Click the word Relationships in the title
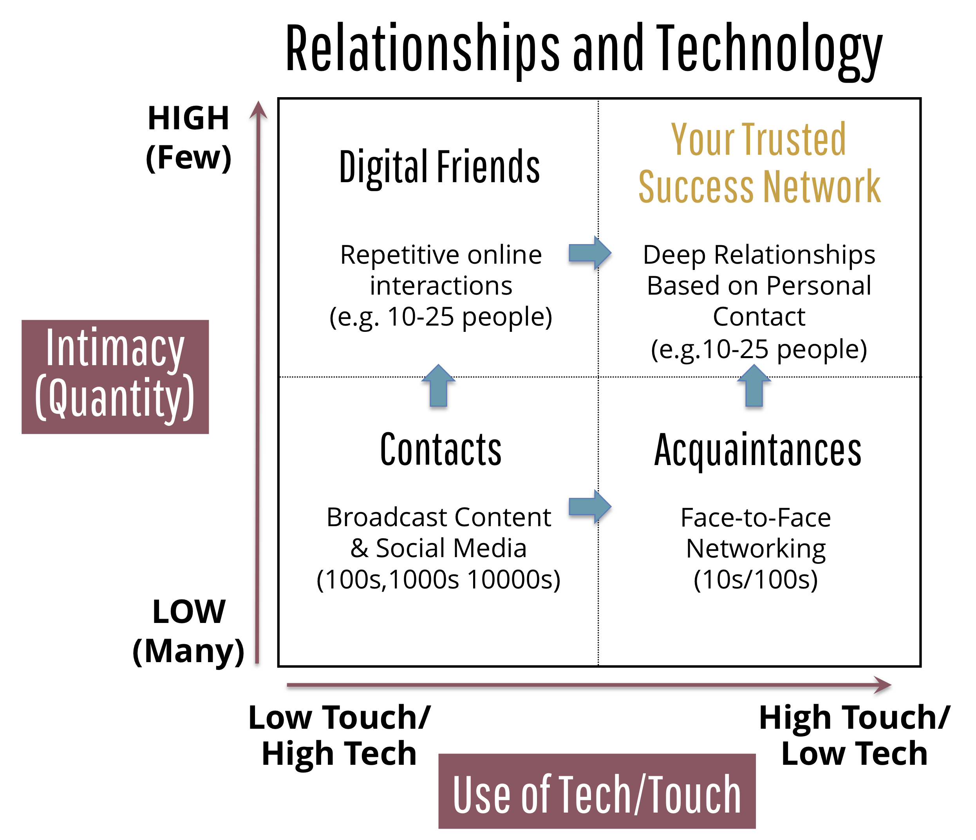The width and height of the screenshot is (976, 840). click(423, 49)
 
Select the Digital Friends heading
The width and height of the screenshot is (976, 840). click(439, 168)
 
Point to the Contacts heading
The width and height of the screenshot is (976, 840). click(441, 450)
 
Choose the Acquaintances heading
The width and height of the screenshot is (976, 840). click(758, 451)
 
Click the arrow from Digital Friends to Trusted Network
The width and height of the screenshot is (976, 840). click(590, 253)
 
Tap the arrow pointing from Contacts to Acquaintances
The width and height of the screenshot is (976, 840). click(590, 507)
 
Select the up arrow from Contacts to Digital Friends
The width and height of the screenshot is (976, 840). click(439, 386)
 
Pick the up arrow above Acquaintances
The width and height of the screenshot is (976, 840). click(754, 386)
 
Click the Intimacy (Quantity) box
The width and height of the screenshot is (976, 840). click(115, 377)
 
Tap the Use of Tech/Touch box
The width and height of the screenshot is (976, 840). click(597, 793)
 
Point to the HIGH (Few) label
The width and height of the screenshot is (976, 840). click(188, 138)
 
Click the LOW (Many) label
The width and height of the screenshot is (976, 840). click(188, 632)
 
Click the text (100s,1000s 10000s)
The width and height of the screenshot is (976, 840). click(439, 579)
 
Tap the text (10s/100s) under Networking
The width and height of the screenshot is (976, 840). click(755, 579)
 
